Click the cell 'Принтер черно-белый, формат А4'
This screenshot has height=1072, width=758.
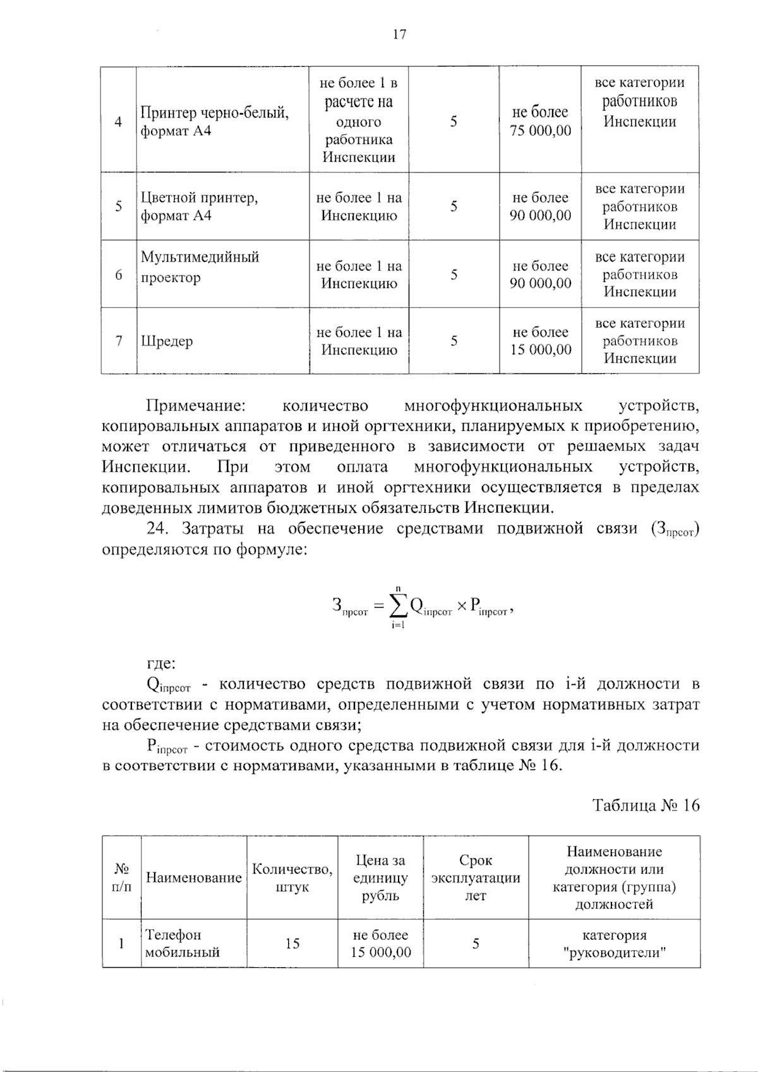pyautogui.click(x=215, y=122)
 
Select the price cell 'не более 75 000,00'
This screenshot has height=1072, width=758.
pyautogui.click(x=540, y=121)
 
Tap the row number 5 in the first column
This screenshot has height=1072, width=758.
pyautogui.click(x=119, y=207)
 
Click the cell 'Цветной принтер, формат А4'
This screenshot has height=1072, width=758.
pyautogui.click(x=199, y=207)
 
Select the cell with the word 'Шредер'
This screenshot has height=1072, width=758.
pyautogui.click(x=167, y=342)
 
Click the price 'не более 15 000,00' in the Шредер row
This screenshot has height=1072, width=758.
pyautogui.click(x=540, y=341)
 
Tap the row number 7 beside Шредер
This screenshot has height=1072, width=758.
pyautogui.click(x=119, y=342)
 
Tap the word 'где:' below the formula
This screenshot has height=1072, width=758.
pyautogui.click(x=161, y=664)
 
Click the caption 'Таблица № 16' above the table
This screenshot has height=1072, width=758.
pyautogui.click(x=646, y=805)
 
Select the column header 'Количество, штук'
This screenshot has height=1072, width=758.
pyautogui.click(x=292, y=878)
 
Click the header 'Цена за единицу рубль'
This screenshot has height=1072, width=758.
pyautogui.click(x=380, y=878)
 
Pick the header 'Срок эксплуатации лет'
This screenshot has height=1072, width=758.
pyautogui.click(x=476, y=878)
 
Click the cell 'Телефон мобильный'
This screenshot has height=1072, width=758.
pyautogui.click(x=183, y=944)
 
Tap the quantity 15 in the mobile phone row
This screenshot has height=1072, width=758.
pyautogui.click(x=292, y=944)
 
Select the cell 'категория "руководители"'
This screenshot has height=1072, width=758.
pyautogui.click(x=614, y=944)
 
